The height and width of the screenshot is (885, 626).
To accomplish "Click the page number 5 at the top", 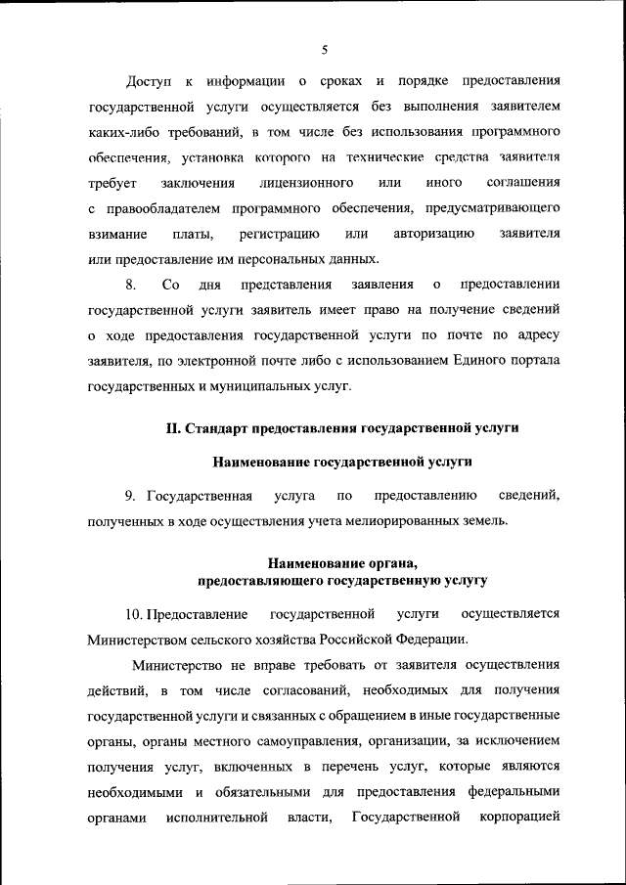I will click(x=324, y=50).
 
